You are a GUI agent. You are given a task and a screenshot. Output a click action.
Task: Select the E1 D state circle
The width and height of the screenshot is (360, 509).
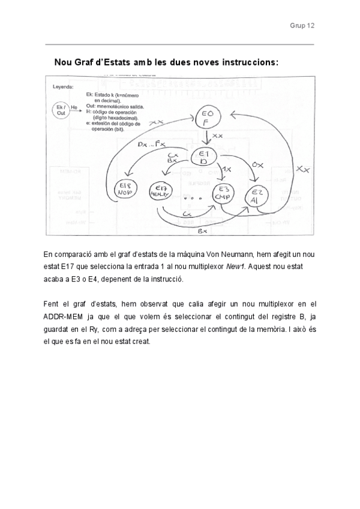203,157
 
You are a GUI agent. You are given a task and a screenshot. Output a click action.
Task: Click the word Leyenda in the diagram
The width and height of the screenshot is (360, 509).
63,86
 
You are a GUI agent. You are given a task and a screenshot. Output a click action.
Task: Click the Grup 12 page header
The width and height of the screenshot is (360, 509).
302,26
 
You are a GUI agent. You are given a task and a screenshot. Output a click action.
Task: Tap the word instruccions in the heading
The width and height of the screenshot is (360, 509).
248,62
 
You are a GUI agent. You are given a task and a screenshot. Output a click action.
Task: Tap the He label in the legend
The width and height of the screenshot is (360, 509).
74,108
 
